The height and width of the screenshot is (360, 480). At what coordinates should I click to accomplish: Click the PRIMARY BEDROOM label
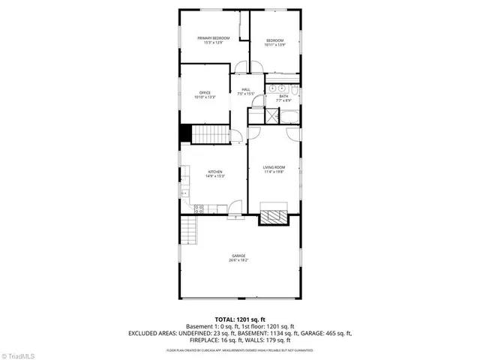[x=214, y=37]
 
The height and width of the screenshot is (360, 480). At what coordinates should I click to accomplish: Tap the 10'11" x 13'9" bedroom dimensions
[x=274, y=45]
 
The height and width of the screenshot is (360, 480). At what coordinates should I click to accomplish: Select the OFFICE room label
[x=205, y=92]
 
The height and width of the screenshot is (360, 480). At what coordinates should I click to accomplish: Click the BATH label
[x=283, y=96]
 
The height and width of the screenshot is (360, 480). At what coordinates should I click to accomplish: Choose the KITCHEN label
[x=214, y=172]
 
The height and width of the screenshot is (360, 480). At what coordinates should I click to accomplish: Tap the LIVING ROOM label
[x=274, y=167]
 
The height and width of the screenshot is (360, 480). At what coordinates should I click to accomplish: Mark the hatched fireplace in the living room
[x=273, y=217]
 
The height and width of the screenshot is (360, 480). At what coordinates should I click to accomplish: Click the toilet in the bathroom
[x=295, y=92]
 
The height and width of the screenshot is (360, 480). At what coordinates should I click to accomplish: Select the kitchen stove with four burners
[x=199, y=208]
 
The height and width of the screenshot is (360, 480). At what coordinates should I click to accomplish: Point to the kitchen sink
[x=184, y=193]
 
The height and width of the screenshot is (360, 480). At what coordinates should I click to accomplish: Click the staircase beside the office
[x=211, y=135]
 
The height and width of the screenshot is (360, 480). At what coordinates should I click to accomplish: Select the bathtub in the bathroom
[x=288, y=116]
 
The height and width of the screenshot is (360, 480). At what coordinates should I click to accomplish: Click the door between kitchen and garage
[x=237, y=216]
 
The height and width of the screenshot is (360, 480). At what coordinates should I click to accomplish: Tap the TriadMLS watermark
[x=18, y=354]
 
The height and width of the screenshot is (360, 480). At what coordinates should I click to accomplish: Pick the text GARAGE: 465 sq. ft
[x=319, y=332]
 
